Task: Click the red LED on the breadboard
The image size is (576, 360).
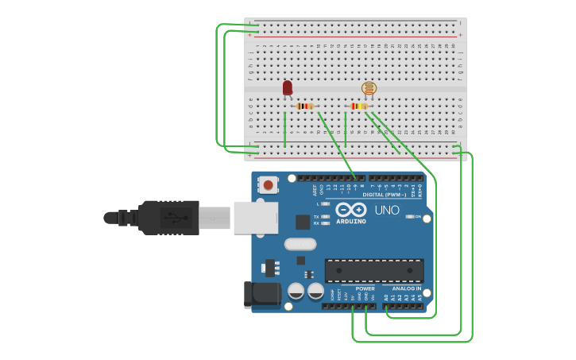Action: click(x=288, y=87)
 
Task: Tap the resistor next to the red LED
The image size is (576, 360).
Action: click(x=305, y=106)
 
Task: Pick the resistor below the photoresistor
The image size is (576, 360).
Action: click(x=359, y=106)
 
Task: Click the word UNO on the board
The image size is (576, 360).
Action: click(x=387, y=210)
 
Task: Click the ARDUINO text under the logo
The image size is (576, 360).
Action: click(x=350, y=221)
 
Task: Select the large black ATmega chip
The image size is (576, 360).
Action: click(x=373, y=270)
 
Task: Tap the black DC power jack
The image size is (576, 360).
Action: click(x=262, y=295)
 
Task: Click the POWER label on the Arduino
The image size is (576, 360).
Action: click(x=365, y=288)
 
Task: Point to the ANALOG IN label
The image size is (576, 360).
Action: click(x=407, y=288)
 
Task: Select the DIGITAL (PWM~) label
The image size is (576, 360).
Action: click(x=385, y=194)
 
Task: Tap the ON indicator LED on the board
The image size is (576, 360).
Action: click(x=410, y=216)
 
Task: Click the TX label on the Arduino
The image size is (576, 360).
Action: click(x=315, y=216)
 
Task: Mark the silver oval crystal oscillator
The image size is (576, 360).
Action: click(x=299, y=245)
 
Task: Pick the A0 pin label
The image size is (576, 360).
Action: click(x=386, y=297)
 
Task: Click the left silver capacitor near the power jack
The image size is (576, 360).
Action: click(x=296, y=292)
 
